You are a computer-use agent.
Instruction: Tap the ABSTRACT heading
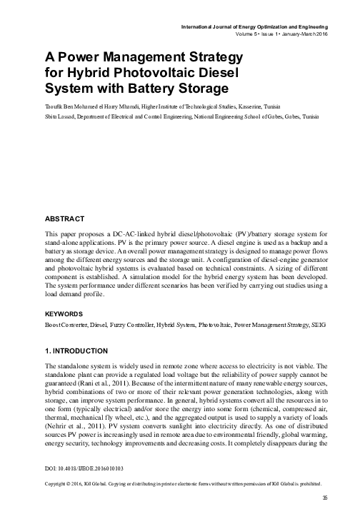[x=65, y=218]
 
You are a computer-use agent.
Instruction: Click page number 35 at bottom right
[x=325, y=497]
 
